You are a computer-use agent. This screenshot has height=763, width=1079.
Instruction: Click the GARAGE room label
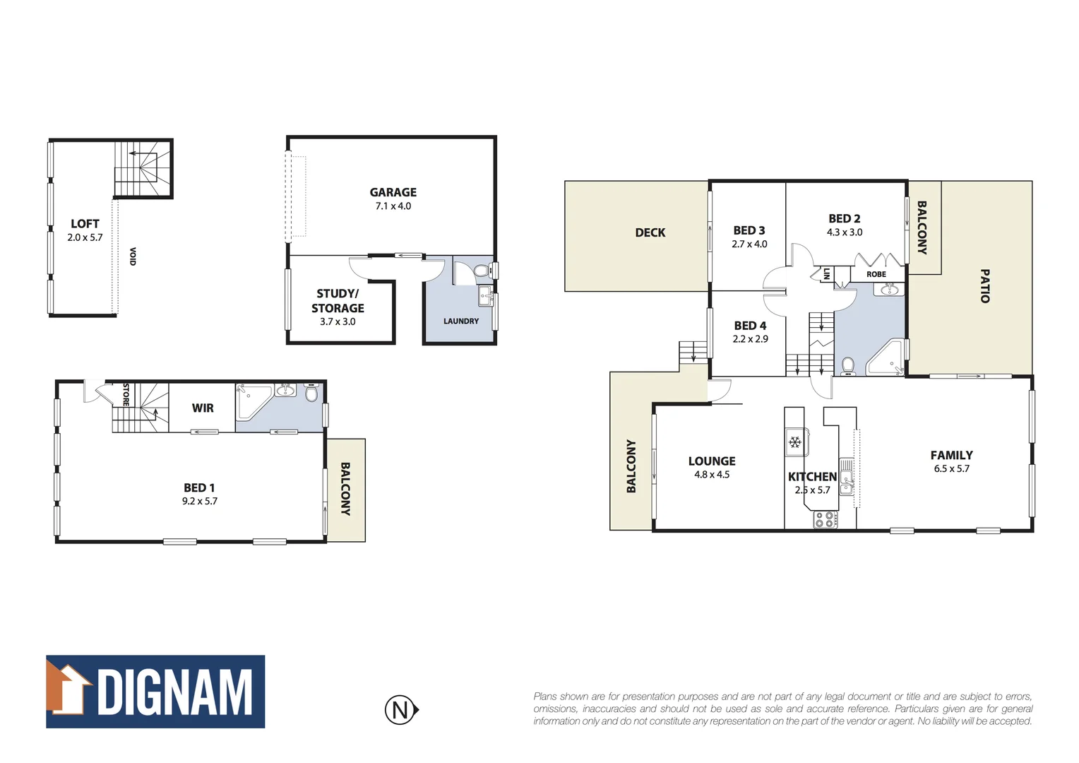coord(393,192)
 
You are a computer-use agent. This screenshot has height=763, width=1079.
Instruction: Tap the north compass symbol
coord(401,709)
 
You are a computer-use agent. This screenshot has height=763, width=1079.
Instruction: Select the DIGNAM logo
coord(155,692)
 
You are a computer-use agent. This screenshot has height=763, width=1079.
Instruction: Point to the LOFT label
coord(85,224)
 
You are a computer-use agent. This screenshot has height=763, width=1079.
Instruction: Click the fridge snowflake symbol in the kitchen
coord(795,442)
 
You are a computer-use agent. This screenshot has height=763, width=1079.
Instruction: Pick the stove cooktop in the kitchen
coord(825,520)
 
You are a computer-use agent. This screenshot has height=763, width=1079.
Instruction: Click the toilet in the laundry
coord(482,271)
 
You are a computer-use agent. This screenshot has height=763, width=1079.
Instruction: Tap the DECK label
coord(650,232)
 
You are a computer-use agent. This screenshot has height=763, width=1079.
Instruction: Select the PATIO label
coord(984,285)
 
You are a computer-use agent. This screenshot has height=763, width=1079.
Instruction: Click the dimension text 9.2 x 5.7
coord(200,502)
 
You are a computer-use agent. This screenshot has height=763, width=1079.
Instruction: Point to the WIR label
coord(203,408)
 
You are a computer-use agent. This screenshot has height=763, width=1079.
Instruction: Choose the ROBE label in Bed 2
coord(876,274)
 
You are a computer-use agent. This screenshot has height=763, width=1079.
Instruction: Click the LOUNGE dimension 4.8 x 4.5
coord(712,475)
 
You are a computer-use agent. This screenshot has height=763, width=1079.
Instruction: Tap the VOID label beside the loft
coord(133,256)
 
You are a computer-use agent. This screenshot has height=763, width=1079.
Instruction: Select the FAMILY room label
coord(951,456)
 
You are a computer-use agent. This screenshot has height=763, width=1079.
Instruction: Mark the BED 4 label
coord(750,326)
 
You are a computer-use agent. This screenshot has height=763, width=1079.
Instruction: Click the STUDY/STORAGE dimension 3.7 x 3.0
coord(338,322)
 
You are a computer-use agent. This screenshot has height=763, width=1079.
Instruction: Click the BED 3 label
coord(749,230)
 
